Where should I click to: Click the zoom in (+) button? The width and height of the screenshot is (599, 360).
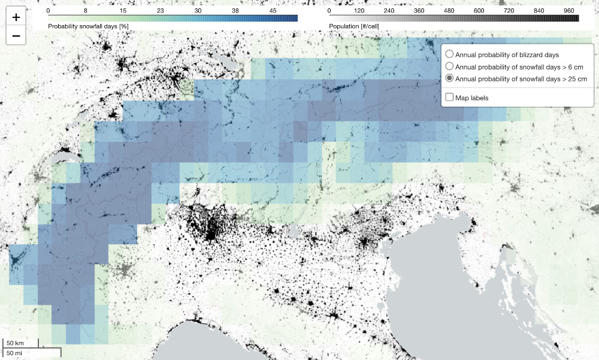(x=16, y=18)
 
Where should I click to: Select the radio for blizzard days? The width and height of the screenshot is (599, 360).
(x=450, y=55)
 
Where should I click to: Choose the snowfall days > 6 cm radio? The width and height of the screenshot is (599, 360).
(x=450, y=66)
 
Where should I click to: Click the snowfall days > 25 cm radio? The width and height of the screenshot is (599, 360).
(x=450, y=79)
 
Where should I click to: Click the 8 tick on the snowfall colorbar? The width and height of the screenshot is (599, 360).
(x=86, y=11)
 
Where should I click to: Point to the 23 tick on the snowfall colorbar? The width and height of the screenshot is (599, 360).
(x=160, y=11)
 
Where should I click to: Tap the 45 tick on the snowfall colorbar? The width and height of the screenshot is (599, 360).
(x=273, y=11)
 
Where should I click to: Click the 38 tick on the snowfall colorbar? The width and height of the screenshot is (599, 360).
(x=235, y=11)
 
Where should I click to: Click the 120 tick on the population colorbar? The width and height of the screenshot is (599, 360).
(x=359, y=11)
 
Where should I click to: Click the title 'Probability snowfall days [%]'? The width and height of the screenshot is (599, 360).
(x=88, y=27)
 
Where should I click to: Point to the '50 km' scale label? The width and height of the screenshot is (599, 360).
(x=15, y=343)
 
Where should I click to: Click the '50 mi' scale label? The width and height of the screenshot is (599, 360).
(x=14, y=353)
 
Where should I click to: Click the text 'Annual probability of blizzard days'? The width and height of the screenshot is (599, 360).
(x=507, y=55)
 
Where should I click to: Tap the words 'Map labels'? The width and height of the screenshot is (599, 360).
(x=472, y=97)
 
